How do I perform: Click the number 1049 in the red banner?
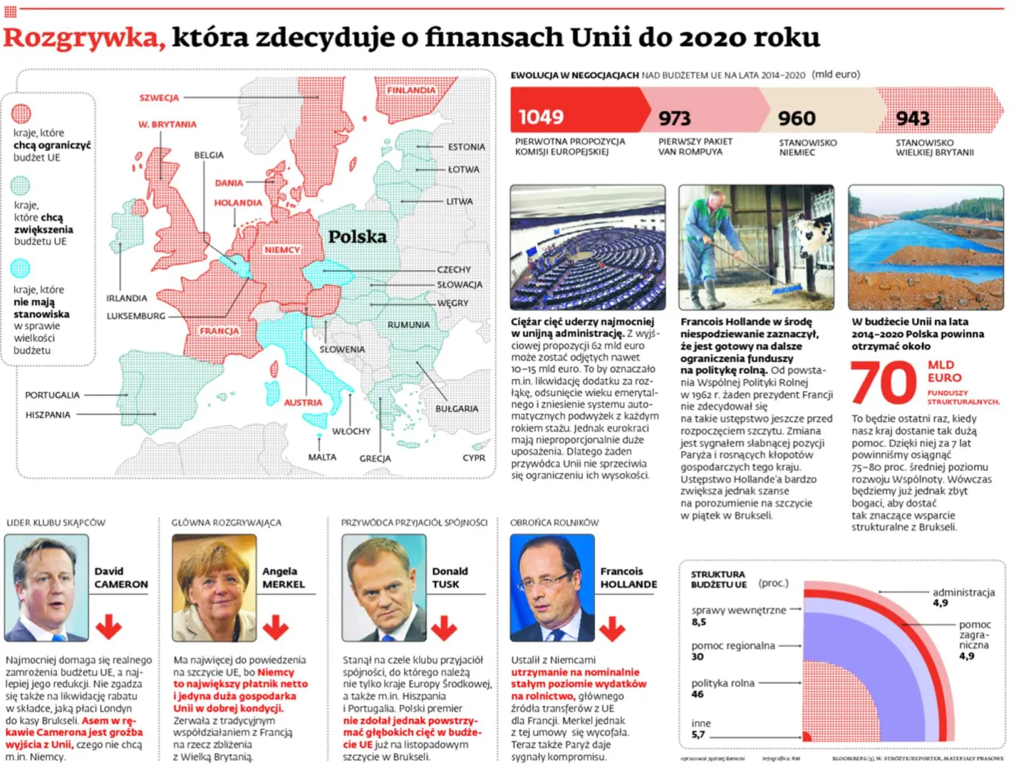[x=541, y=117]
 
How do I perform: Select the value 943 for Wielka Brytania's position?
[x=912, y=118]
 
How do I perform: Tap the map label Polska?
[x=357, y=237]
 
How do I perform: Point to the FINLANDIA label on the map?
[x=411, y=90]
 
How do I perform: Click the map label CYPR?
[x=474, y=458]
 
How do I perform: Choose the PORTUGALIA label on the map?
[x=52, y=395]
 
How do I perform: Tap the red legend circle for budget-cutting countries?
[x=21, y=113]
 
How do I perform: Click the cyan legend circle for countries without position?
[x=21, y=268]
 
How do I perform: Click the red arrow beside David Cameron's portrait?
[x=109, y=626]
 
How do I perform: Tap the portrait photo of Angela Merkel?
[x=215, y=588]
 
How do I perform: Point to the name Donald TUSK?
[x=449, y=578]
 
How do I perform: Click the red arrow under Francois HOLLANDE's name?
[x=612, y=628]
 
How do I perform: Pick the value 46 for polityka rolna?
[x=698, y=695]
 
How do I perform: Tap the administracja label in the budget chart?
[x=963, y=592]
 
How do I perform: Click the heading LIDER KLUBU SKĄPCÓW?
[x=56, y=523]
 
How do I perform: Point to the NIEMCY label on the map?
[x=282, y=250]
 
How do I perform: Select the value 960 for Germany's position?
[x=796, y=118]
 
